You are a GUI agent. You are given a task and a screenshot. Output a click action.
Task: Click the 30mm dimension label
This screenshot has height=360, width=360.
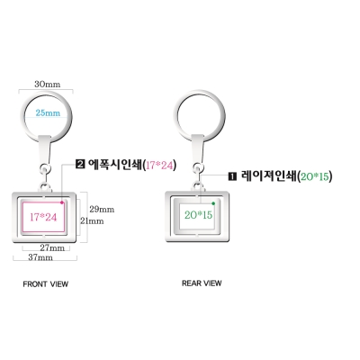coord(47,84)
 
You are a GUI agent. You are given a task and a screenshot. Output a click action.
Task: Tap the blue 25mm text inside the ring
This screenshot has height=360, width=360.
coord(48,113)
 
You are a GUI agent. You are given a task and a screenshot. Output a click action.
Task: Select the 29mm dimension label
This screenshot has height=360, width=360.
coord(102,209)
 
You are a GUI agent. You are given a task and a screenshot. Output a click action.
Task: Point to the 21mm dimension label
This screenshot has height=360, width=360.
coord(92,221)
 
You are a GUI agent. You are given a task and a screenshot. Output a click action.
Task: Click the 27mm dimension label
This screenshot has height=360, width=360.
coord(52,247)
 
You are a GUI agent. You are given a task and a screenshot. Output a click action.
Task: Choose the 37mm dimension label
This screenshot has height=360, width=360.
coord(40,257)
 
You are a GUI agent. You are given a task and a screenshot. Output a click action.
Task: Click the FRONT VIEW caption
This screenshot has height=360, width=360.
coord(46,284)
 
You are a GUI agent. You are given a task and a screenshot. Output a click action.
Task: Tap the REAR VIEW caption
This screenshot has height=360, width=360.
coord(202,283)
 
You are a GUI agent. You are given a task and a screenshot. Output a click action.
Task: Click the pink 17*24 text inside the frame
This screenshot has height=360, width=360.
coord(43,217)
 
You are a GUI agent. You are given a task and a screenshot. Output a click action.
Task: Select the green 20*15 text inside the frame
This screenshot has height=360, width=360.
coord(198,215)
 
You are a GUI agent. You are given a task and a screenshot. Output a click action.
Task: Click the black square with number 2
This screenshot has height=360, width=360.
coord(80,165)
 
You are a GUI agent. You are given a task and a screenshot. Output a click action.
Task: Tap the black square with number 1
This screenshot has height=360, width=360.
coord(233,176)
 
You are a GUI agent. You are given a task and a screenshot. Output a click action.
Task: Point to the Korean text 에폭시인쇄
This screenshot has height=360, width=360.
coord(114,165)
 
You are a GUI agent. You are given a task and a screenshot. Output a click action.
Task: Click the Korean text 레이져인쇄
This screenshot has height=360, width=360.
coord(268,176)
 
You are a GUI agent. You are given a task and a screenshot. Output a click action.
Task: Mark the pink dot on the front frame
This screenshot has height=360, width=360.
coord(62,202)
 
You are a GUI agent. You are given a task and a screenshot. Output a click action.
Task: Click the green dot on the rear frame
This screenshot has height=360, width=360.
coord(213,203)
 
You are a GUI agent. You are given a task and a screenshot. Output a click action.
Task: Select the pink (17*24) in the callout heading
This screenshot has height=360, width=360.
coord(159,165)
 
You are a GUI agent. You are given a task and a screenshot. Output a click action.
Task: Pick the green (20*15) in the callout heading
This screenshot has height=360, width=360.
coord(314,176)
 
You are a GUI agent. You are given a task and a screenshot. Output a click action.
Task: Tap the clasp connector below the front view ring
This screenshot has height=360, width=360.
coord(45,150)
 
